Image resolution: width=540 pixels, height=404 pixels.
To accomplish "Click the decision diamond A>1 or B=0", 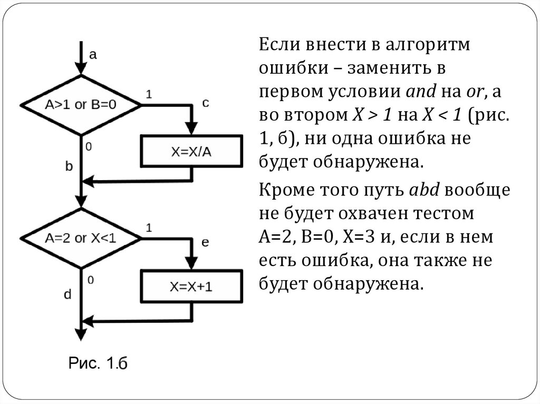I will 80,105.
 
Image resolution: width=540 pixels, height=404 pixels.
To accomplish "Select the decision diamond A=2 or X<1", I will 80,238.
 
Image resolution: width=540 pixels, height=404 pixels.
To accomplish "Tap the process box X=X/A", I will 191,152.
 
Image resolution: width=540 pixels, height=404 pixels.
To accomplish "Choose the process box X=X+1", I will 191,286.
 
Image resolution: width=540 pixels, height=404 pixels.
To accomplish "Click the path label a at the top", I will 93,54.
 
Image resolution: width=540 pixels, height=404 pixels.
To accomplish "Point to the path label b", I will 69,166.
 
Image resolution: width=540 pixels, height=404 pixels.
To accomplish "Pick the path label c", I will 206,103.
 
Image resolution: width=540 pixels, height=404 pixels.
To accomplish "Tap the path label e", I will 206,242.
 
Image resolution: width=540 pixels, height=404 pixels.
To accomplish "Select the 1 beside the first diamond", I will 149,94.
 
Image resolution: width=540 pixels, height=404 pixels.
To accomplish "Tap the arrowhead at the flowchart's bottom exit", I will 80,334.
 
